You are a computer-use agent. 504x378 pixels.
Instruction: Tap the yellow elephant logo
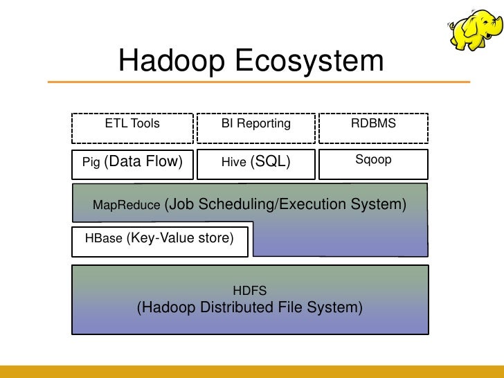point(474,29)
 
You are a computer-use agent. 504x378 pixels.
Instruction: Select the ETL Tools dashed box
point(132,124)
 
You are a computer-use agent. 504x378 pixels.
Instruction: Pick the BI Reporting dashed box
point(255,124)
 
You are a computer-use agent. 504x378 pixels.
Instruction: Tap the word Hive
point(233,163)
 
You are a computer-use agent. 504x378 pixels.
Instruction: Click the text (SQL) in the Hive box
point(270,162)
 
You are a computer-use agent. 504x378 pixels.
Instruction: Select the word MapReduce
point(127,206)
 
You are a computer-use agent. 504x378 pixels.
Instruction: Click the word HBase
point(103,240)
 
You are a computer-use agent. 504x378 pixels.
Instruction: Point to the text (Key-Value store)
point(181,238)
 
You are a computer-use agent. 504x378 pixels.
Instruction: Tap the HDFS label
point(250,291)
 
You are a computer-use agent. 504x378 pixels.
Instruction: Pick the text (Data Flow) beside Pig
point(143,162)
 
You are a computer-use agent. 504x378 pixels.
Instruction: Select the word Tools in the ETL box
point(145,124)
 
